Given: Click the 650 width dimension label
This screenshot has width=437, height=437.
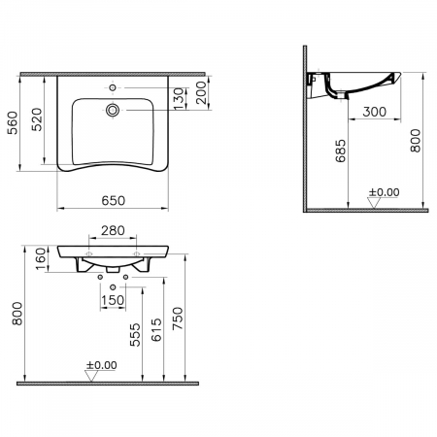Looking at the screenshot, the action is coord(114,201).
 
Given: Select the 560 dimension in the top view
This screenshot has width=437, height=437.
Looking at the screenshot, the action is coord(13,122).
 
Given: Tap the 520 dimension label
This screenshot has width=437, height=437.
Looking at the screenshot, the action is coord(37,119).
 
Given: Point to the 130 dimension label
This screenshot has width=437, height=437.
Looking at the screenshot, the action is coord(179,98).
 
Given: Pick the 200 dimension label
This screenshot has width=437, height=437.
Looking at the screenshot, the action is coord(201,92).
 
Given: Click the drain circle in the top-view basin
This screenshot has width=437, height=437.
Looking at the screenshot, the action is coord(113,110).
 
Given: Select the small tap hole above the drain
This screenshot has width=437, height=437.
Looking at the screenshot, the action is coord(113,87).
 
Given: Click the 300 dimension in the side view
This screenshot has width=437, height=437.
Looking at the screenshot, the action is coord(375,112).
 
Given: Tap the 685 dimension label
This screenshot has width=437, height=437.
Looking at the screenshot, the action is coord(341,151).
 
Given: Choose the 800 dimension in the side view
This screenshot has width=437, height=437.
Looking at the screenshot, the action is coord(416,141).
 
